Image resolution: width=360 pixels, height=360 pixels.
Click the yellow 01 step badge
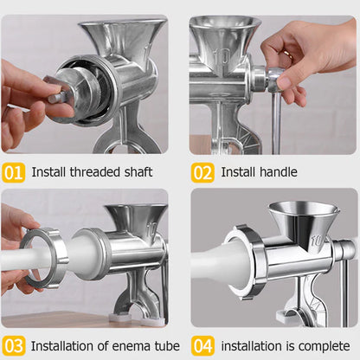(13, 171)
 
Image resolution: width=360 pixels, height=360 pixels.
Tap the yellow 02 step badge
(202, 171)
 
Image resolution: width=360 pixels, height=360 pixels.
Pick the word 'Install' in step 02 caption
(237, 171)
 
